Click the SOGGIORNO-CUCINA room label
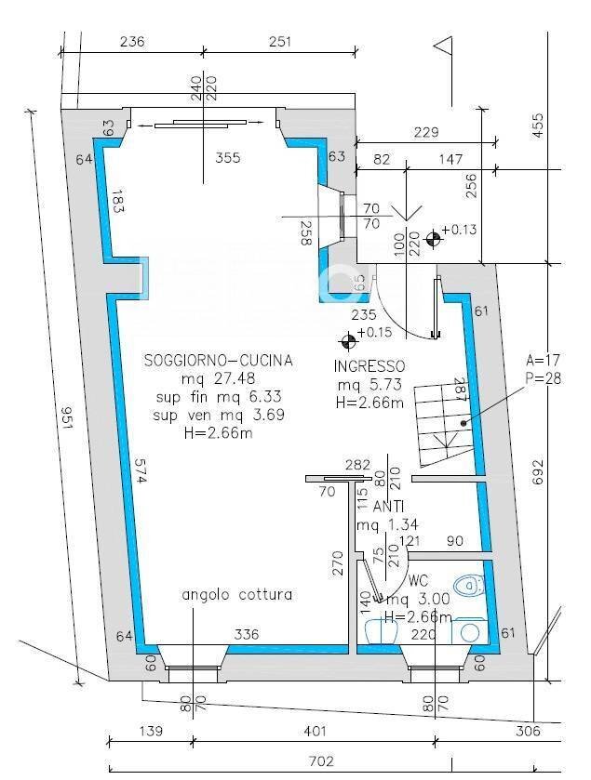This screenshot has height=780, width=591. [x=219, y=360]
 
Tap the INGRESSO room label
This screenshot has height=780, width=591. [x=369, y=366]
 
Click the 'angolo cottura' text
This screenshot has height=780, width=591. [x=236, y=594]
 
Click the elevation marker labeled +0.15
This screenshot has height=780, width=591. [x=348, y=333]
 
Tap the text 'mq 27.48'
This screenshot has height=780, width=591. [x=219, y=379]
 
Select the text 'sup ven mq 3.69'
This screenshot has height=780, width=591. [x=219, y=415]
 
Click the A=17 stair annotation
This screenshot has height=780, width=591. [x=544, y=360]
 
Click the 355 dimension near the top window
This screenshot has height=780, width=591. [x=227, y=158]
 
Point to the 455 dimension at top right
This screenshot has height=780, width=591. [x=538, y=126]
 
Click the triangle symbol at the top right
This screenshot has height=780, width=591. [x=443, y=45]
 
